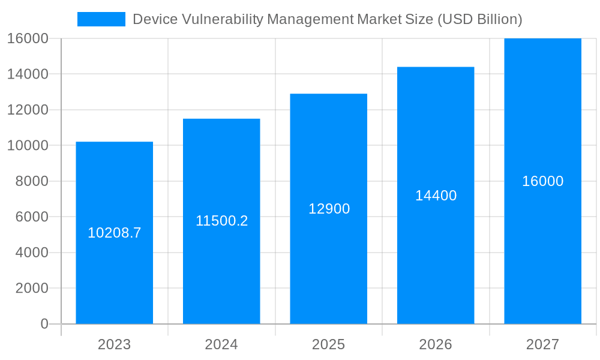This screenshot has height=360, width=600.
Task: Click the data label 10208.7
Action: pyautogui.click(x=114, y=233)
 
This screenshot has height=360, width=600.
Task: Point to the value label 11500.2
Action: pyautogui.click(x=221, y=221)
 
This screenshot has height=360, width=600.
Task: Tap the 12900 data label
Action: pyautogui.click(x=329, y=209)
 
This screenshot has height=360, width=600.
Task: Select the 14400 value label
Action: pyautogui.click(x=436, y=196)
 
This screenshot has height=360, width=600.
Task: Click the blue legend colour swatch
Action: pyautogui.click(x=101, y=19)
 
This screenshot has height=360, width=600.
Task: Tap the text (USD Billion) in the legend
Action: pyautogui.click(x=479, y=19)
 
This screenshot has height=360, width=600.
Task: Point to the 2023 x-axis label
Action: pyautogui.click(x=114, y=344)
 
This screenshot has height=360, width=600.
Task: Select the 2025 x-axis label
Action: pyautogui.click(x=328, y=344)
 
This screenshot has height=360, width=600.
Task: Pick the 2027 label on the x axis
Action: pyautogui.click(x=542, y=344)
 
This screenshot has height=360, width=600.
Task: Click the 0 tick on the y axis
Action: pyautogui.click(x=44, y=324)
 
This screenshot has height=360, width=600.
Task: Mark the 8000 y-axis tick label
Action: pyautogui.click(x=31, y=181)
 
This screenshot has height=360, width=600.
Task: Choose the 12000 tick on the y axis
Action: pyautogui.click(x=28, y=110)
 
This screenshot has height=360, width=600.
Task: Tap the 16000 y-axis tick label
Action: pyautogui.click(x=28, y=38)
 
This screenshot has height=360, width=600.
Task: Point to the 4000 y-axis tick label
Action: pyautogui.click(x=31, y=253)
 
